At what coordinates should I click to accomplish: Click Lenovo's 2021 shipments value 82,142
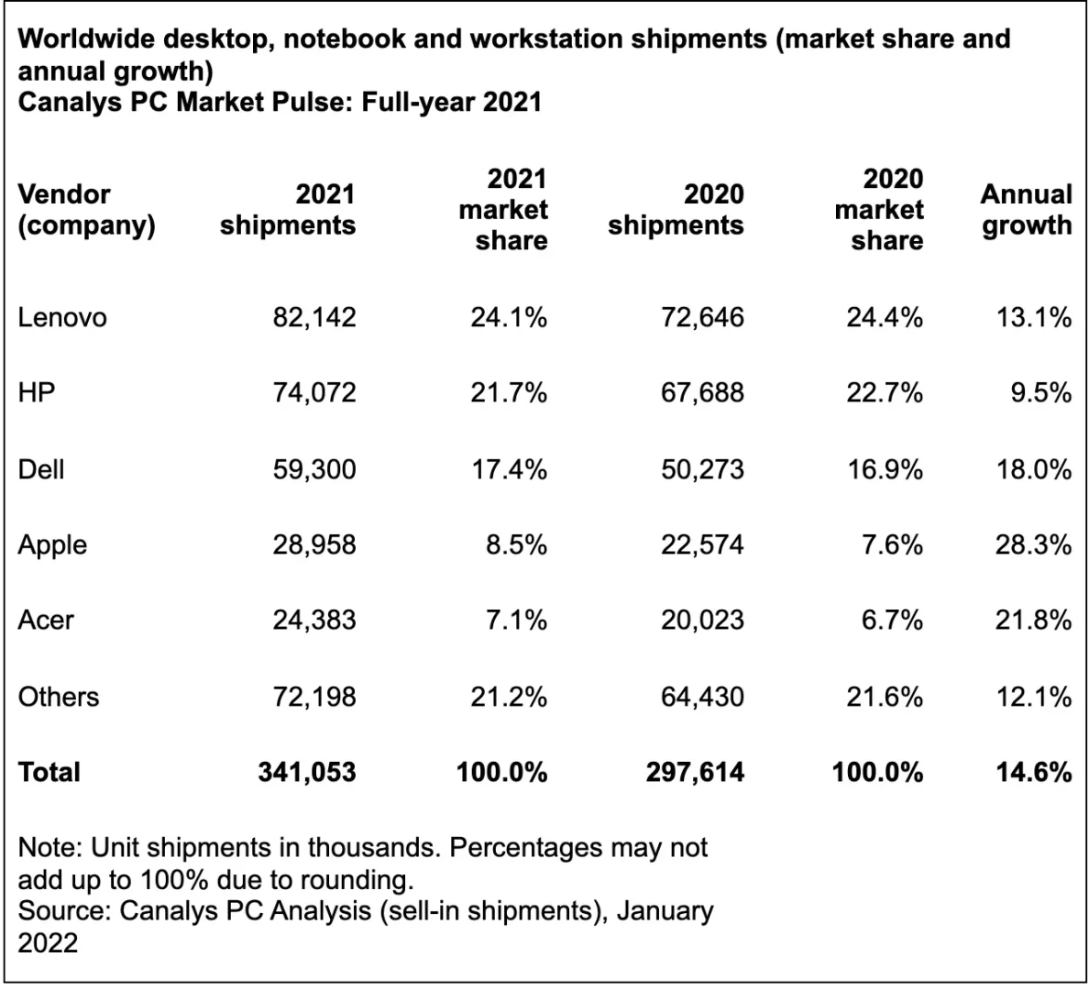[313, 317]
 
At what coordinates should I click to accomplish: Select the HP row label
[37, 392]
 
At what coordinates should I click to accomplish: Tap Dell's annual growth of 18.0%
[1033, 469]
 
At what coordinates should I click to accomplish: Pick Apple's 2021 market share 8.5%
[516, 544]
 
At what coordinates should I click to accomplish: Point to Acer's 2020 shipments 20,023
[702, 621]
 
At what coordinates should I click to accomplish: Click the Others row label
[58, 697]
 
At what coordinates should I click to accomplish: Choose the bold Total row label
[49, 772]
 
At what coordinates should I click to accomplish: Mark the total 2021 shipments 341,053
[306, 772]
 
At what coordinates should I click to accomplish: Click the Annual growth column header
[1026, 209]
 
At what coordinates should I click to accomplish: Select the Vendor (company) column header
[86, 209]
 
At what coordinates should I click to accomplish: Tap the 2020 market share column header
[879, 209]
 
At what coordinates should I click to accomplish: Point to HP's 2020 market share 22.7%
[884, 392]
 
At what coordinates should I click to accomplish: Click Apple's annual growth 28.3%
[1033, 544]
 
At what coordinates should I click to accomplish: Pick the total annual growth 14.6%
[1033, 772]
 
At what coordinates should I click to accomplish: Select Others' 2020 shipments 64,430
[702, 697]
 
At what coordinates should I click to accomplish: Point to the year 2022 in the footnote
[48, 942]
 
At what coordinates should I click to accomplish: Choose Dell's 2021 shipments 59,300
[313, 469]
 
